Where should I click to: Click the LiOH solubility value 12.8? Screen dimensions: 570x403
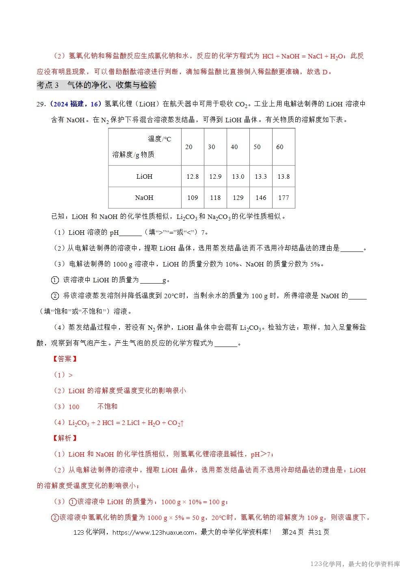(x=192, y=177)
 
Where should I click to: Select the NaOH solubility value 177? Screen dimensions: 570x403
(x=283, y=198)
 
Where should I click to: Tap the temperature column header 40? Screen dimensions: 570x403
(x=234, y=147)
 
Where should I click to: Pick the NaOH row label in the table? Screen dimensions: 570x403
(x=144, y=198)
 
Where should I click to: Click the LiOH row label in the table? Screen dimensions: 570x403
(x=144, y=177)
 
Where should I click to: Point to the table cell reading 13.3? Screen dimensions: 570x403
(x=260, y=177)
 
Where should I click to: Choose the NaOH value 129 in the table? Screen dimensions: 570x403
(x=238, y=198)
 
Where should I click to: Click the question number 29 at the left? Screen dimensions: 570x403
(x=41, y=104)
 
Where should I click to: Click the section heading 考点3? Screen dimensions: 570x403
(x=48, y=85)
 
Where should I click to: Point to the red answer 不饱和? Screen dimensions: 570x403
(x=107, y=407)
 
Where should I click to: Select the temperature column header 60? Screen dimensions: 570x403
(x=279, y=147)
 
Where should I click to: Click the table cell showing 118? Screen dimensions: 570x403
(x=215, y=198)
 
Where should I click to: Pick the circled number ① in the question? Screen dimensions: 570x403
(x=55, y=280)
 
